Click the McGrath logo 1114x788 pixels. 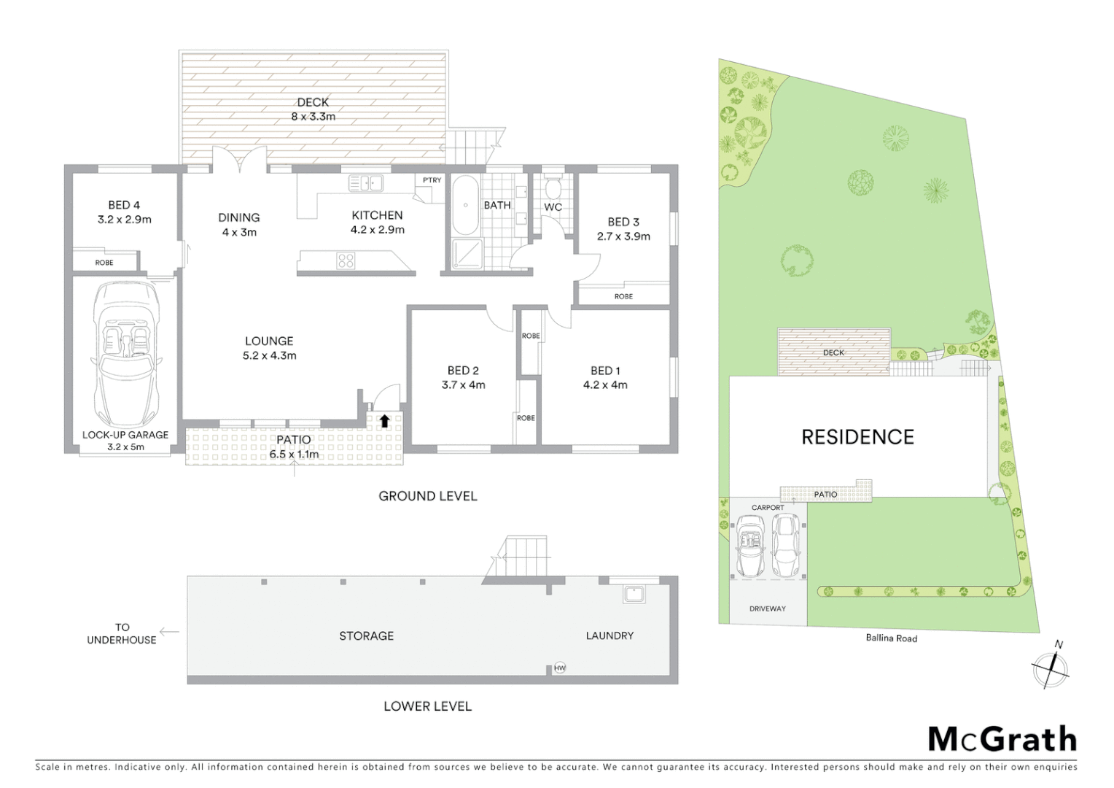(1002, 739)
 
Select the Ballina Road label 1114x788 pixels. (891, 638)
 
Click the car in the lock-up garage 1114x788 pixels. (126, 355)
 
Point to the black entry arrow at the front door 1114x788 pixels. (383, 420)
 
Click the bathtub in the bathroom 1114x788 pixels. (464, 204)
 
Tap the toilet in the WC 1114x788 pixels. (553, 188)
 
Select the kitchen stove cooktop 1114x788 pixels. (345, 260)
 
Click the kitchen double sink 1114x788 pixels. (365, 183)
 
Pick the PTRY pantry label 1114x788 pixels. (432, 180)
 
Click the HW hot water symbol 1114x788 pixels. (559, 668)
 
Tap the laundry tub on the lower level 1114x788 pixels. (632, 594)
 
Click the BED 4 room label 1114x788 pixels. (123, 205)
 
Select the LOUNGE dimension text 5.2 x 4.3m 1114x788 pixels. (269, 356)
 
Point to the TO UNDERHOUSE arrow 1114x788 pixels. (169, 633)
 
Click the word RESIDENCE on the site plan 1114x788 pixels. (857, 437)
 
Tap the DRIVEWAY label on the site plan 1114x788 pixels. (768, 609)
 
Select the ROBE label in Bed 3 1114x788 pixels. (623, 296)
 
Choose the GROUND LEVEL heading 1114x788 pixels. (427, 496)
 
